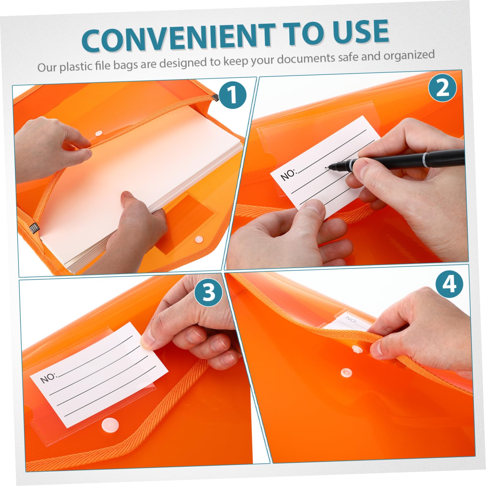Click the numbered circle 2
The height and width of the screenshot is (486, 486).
click(442, 88)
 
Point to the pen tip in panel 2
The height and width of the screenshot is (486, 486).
click(327, 168)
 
